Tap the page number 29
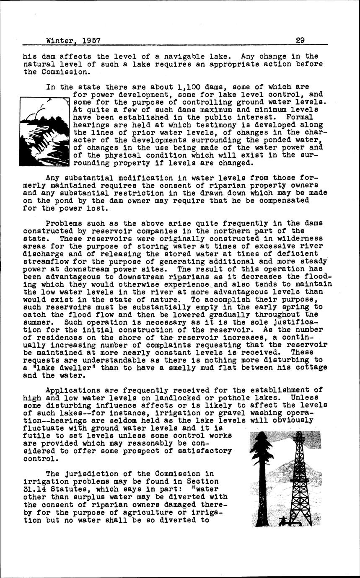300,41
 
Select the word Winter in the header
60,41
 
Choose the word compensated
281,201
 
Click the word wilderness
302,238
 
